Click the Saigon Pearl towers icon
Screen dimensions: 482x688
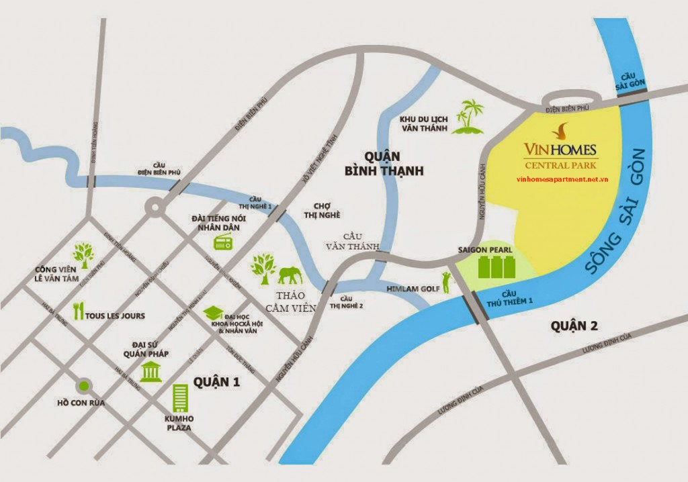[x=495, y=266]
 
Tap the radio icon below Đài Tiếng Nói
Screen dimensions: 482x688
[x=222, y=243]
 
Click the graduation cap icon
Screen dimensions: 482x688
[x=214, y=314]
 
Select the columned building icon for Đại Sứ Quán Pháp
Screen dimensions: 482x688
[x=150, y=371]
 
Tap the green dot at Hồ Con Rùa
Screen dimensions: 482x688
[x=84, y=385]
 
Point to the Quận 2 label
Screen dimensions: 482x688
[x=574, y=326]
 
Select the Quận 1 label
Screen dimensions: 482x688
[x=216, y=381]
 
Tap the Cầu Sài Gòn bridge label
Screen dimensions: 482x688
[x=632, y=81]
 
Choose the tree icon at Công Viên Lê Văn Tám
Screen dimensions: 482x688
[x=84, y=253]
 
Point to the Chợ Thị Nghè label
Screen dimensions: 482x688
[x=322, y=211]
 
